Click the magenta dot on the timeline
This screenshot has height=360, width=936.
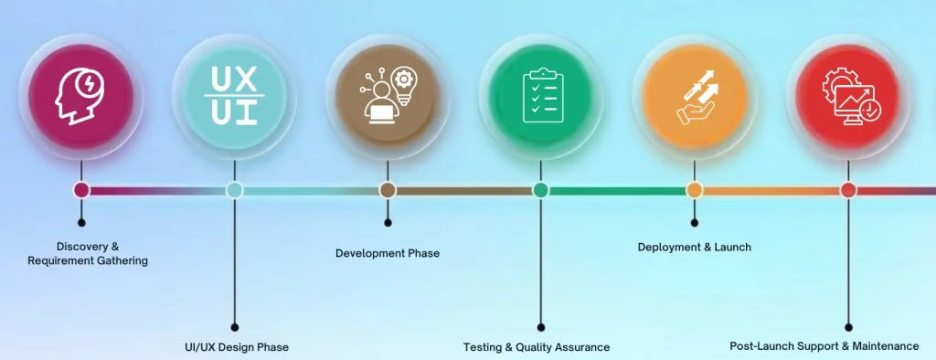[x=81, y=190]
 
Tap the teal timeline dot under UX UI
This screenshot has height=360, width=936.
[x=235, y=190]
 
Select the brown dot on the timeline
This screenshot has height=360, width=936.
[x=388, y=190]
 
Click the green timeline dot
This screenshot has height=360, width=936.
[x=541, y=190]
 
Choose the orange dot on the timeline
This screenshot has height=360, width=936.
[x=695, y=190]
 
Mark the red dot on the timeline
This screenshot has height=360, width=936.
[x=848, y=190]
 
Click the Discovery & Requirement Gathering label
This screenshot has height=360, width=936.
[x=88, y=254]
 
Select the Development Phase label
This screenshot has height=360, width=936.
[x=388, y=253]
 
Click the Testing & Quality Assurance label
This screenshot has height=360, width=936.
[x=537, y=347]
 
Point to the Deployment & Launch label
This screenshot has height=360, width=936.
[x=695, y=247]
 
